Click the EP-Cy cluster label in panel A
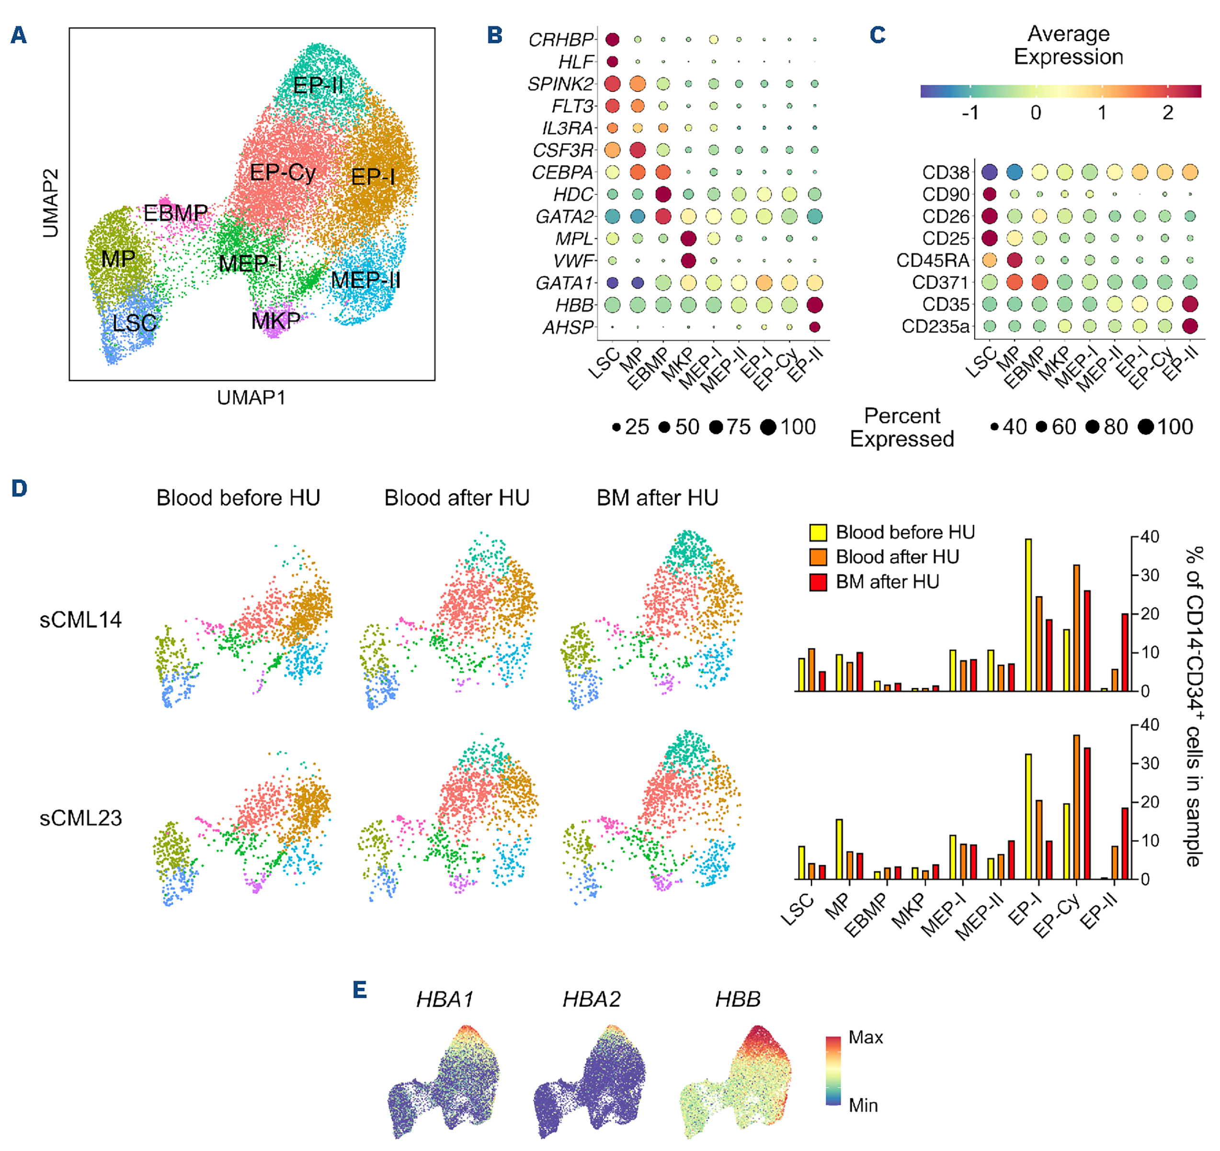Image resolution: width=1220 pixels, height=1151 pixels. coord(283,172)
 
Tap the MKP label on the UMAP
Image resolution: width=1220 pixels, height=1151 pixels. coord(276,320)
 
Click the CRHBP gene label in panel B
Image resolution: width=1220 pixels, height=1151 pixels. coord(560,40)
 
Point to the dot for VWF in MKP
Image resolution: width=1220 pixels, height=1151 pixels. coord(688,261)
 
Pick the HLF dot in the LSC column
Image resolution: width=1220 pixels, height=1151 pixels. coord(612,62)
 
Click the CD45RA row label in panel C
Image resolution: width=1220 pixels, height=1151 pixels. coord(932,261)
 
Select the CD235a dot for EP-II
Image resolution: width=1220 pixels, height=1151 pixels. coord(1190,326)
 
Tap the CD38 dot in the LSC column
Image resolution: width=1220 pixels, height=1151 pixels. coord(989,172)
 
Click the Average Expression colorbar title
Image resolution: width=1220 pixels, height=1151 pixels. coord(1068,45)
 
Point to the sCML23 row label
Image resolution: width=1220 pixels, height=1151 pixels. coord(80,818)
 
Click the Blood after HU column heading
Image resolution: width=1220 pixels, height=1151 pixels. coord(457,498)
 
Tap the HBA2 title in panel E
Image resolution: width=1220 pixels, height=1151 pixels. coord(591,999)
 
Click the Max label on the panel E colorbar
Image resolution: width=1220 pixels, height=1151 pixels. coord(866,1038)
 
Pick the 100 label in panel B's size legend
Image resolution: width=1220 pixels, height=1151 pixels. coord(798,427)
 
